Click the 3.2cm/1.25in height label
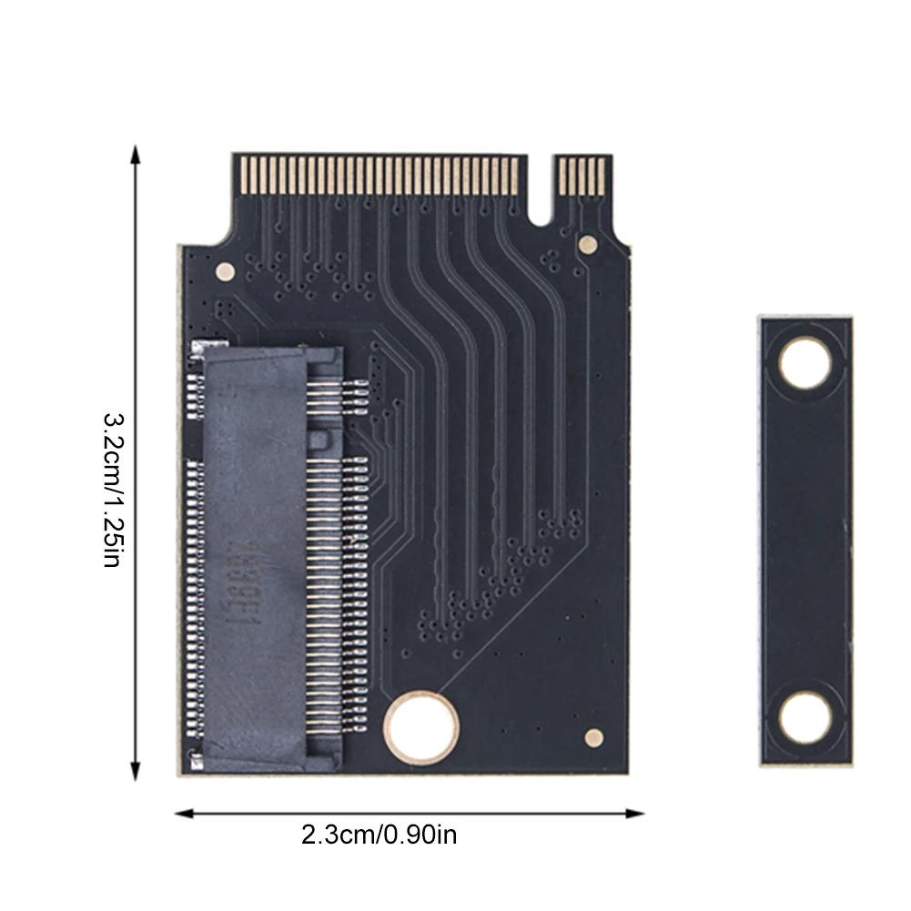tap(110, 491)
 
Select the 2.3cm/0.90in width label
tap(379, 834)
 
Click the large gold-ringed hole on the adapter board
tap(420, 726)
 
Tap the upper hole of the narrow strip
tap(805, 362)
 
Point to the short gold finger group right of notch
tap(582, 175)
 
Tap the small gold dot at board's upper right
tap(588, 244)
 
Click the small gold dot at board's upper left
tap(224, 270)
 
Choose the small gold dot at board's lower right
tap(593, 737)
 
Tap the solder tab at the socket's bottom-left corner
tap(193, 756)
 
